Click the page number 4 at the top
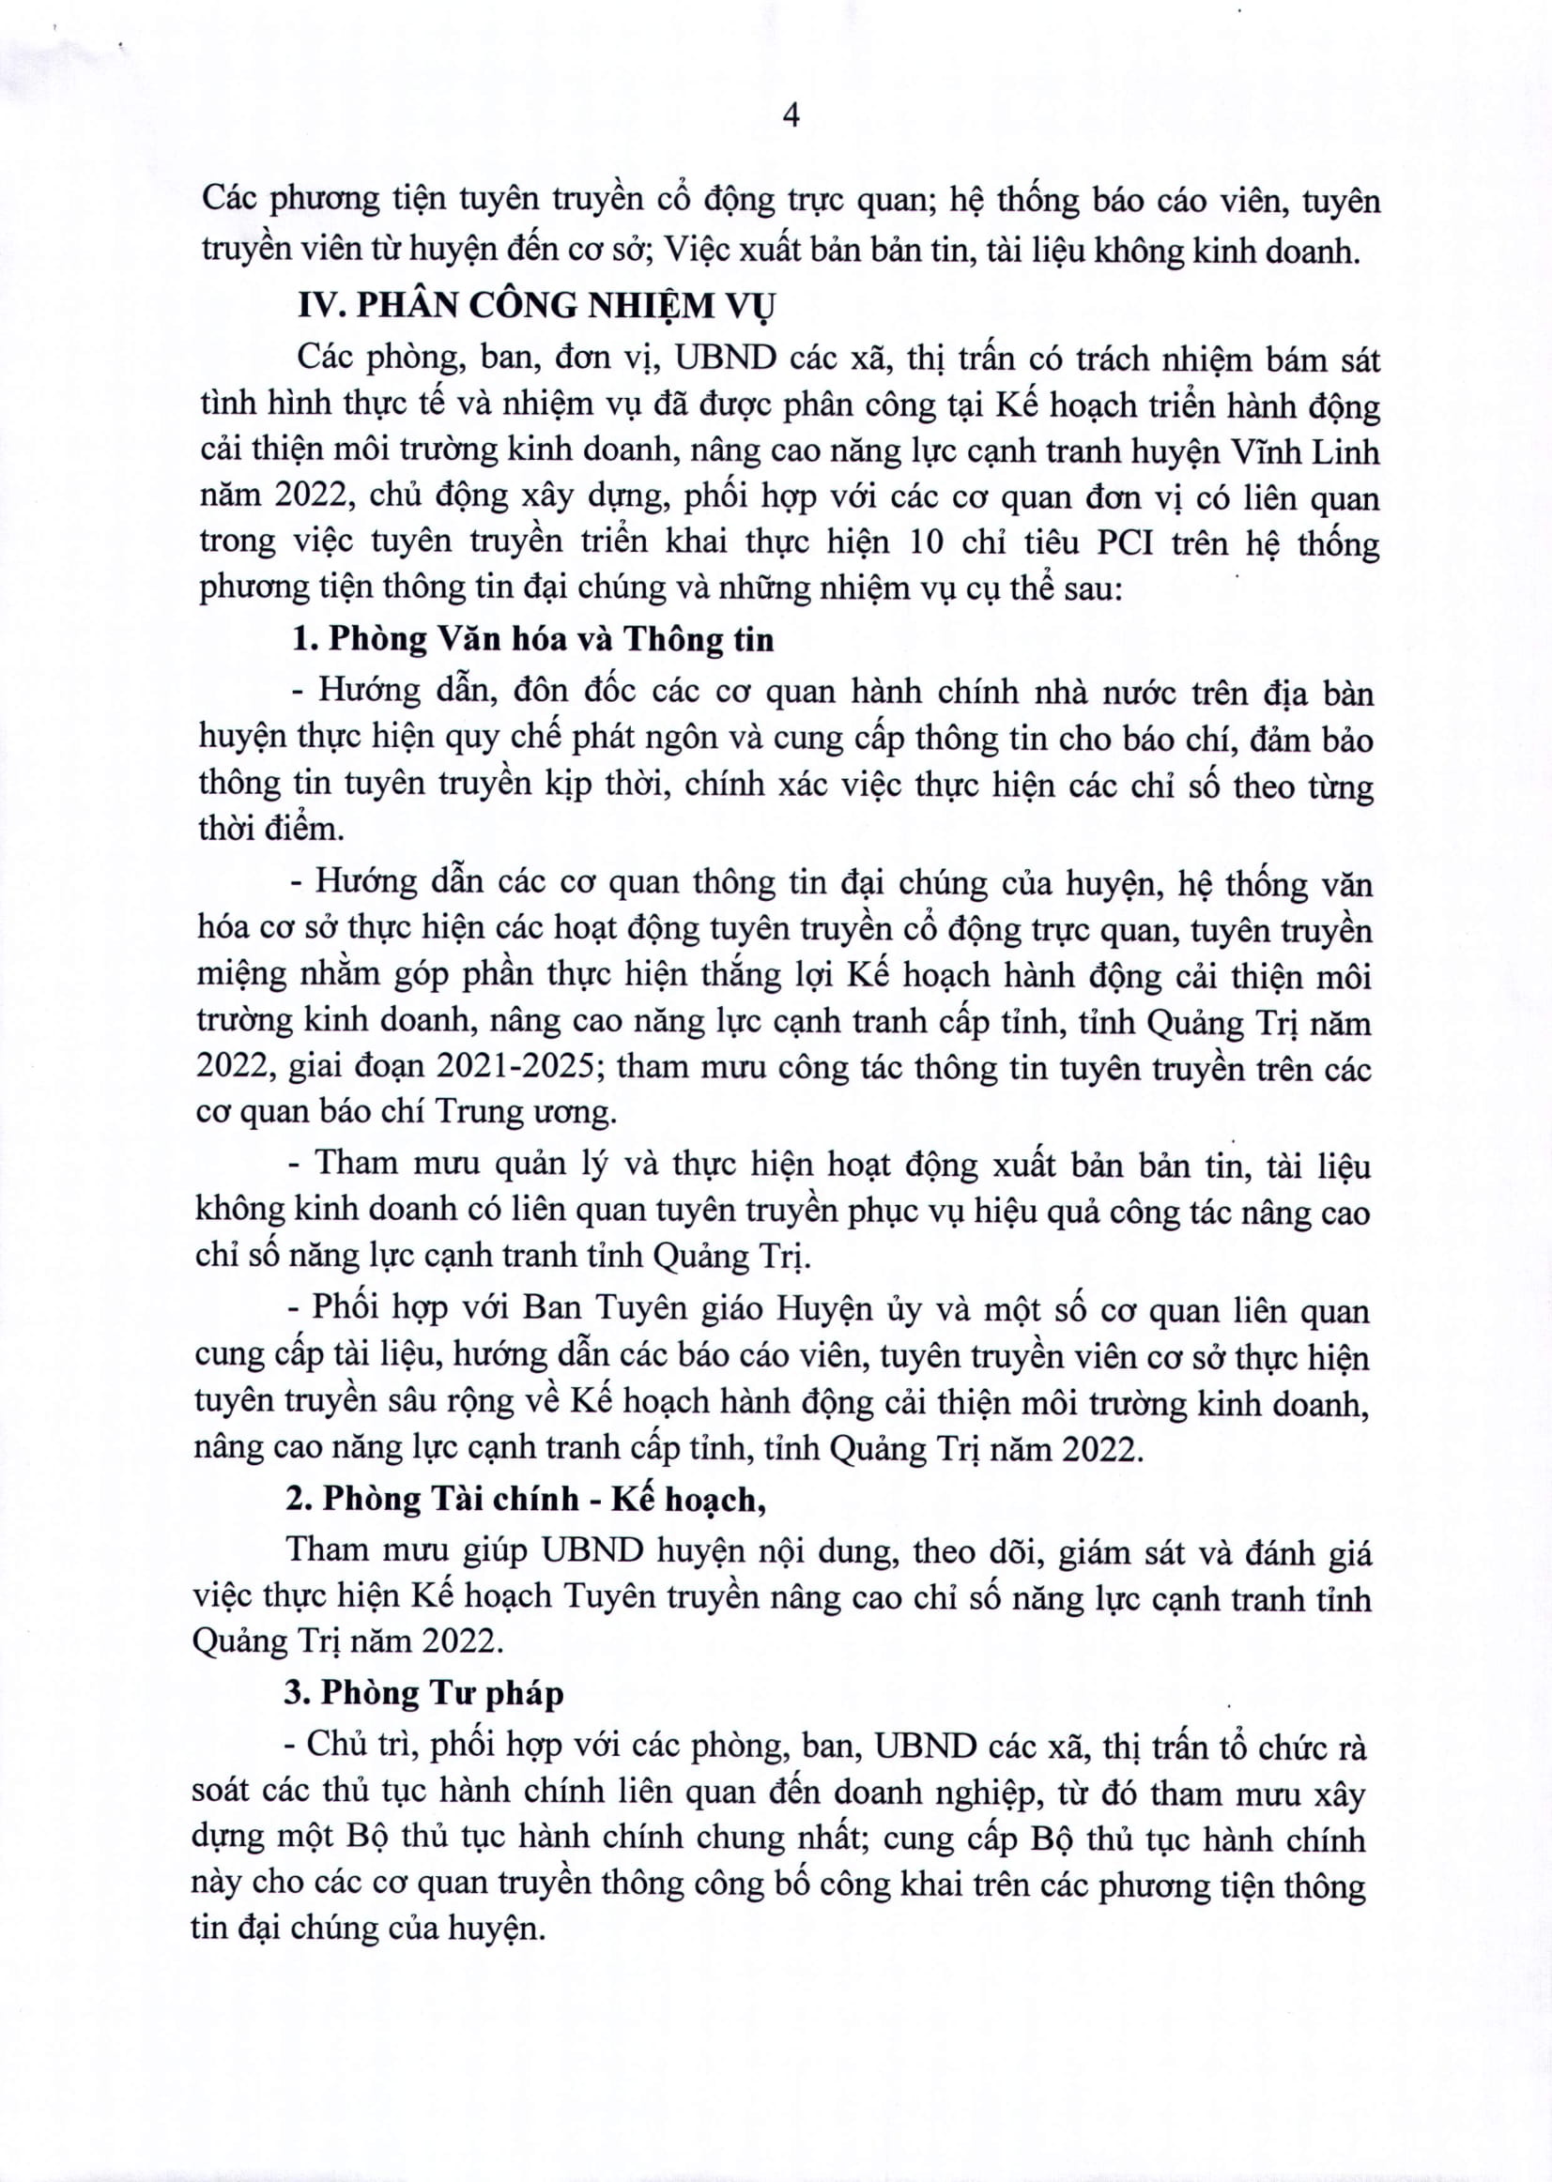(x=791, y=116)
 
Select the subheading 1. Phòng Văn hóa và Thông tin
(x=532, y=639)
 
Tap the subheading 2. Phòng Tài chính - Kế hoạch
(x=527, y=1499)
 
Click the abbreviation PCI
(x=1123, y=542)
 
